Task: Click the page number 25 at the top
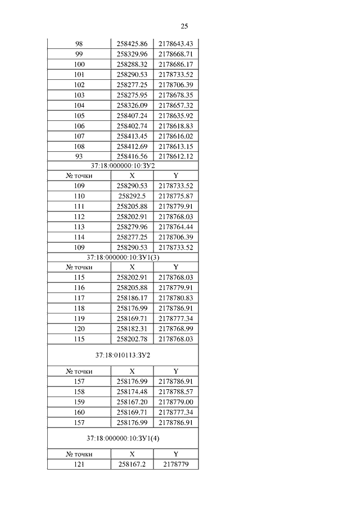(x=184, y=26)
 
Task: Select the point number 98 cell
(x=79, y=44)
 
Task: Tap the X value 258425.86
(x=132, y=44)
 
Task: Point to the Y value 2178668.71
(x=175, y=54)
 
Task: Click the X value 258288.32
(x=132, y=64)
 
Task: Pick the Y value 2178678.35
(x=175, y=95)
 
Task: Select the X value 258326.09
(x=132, y=105)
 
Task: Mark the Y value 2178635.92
(x=175, y=115)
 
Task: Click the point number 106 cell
(x=79, y=125)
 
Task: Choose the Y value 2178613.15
(x=175, y=146)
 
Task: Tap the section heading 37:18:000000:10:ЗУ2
(x=123, y=166)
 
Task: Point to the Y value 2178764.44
(x=175, y=227)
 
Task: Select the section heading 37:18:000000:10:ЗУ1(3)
(x=123, y=257)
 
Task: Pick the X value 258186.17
(x=132, y=298)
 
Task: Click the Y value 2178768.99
(x=175, y=329)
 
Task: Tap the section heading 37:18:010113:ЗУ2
(x=123, y=355)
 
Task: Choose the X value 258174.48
(x=132, y=391)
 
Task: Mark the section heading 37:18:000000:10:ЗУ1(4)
(x=123, y=438)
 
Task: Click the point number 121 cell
(x=79, y=464)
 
